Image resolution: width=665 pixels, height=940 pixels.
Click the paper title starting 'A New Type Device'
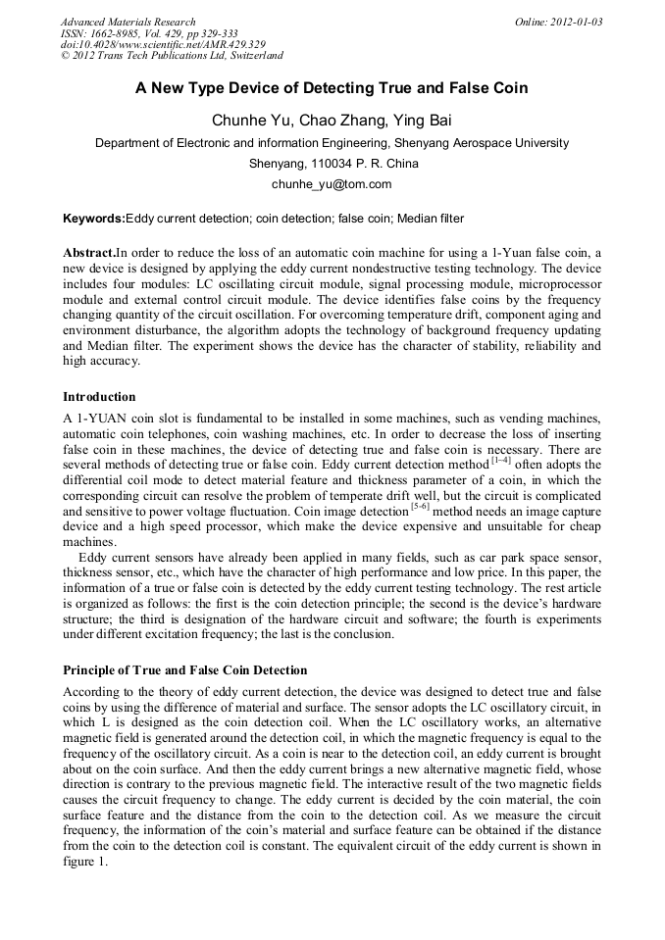coord(332,88)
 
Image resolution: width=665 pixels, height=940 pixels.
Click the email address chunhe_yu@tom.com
coord(332,183)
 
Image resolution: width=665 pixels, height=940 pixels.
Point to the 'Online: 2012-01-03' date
coord(558,22)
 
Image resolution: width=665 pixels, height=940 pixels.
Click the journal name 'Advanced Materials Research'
coord(128,22)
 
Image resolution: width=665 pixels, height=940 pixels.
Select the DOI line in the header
coord(163,44)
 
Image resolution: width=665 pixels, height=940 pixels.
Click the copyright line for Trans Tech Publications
coord(172,56)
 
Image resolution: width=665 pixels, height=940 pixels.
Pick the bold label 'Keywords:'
coord(94,218)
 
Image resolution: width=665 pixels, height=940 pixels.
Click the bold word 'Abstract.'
coord(89,252)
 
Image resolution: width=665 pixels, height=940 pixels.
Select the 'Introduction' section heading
coord(99,397)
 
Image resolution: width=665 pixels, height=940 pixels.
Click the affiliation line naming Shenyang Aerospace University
coord(332,143)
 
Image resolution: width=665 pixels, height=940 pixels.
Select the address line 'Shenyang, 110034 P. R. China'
coord(333,163)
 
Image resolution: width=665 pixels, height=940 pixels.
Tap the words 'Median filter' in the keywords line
coord(430,218)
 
